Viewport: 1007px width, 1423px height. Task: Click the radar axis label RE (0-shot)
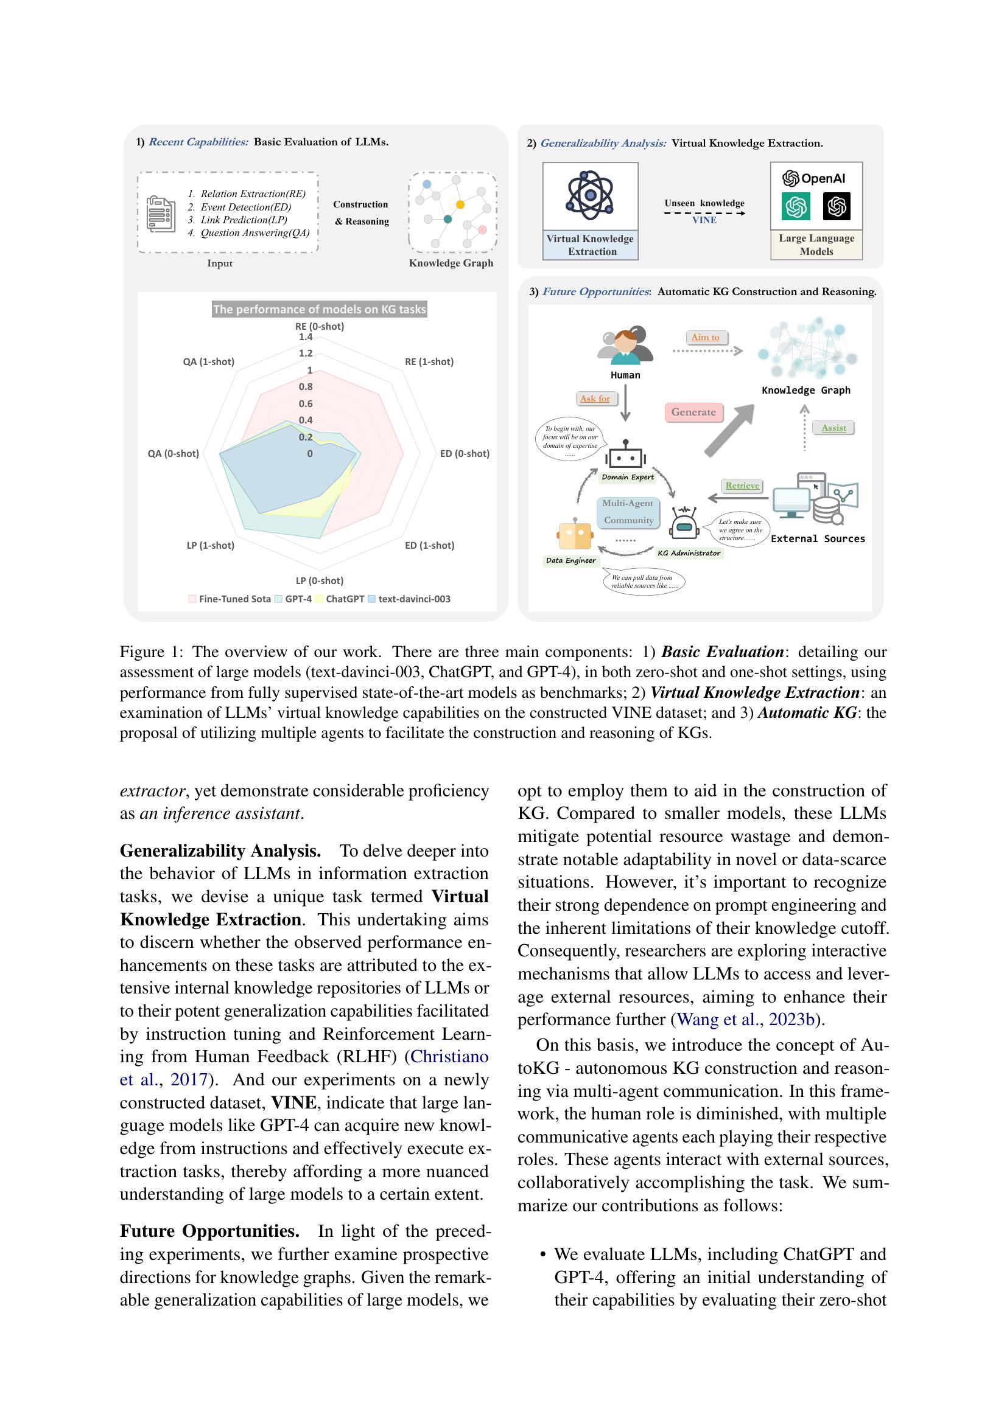(x=320, y=326)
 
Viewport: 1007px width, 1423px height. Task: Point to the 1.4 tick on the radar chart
(x=306, y=337)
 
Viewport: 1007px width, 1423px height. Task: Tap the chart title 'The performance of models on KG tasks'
(x=320, y=308)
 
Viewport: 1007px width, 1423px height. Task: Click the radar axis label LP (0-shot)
(x=320, y=581)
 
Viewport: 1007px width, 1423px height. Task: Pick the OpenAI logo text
(x=815, y=178)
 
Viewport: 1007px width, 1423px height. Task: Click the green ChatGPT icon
(x=796, y=206)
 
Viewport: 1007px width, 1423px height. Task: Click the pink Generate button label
(x=693, y=412)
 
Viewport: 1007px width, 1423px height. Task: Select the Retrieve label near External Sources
(x=742, y=485)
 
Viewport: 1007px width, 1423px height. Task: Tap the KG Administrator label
(x=689, y=553)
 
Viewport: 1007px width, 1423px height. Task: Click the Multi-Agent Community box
(x=628, y=512)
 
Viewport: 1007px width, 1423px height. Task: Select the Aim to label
(x=705, y=337)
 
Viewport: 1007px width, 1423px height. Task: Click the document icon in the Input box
(x=161, y=213)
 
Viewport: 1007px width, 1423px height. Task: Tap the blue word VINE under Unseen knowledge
(x=704, y=220)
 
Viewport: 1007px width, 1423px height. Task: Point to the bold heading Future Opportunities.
(x=209, y=1231)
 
